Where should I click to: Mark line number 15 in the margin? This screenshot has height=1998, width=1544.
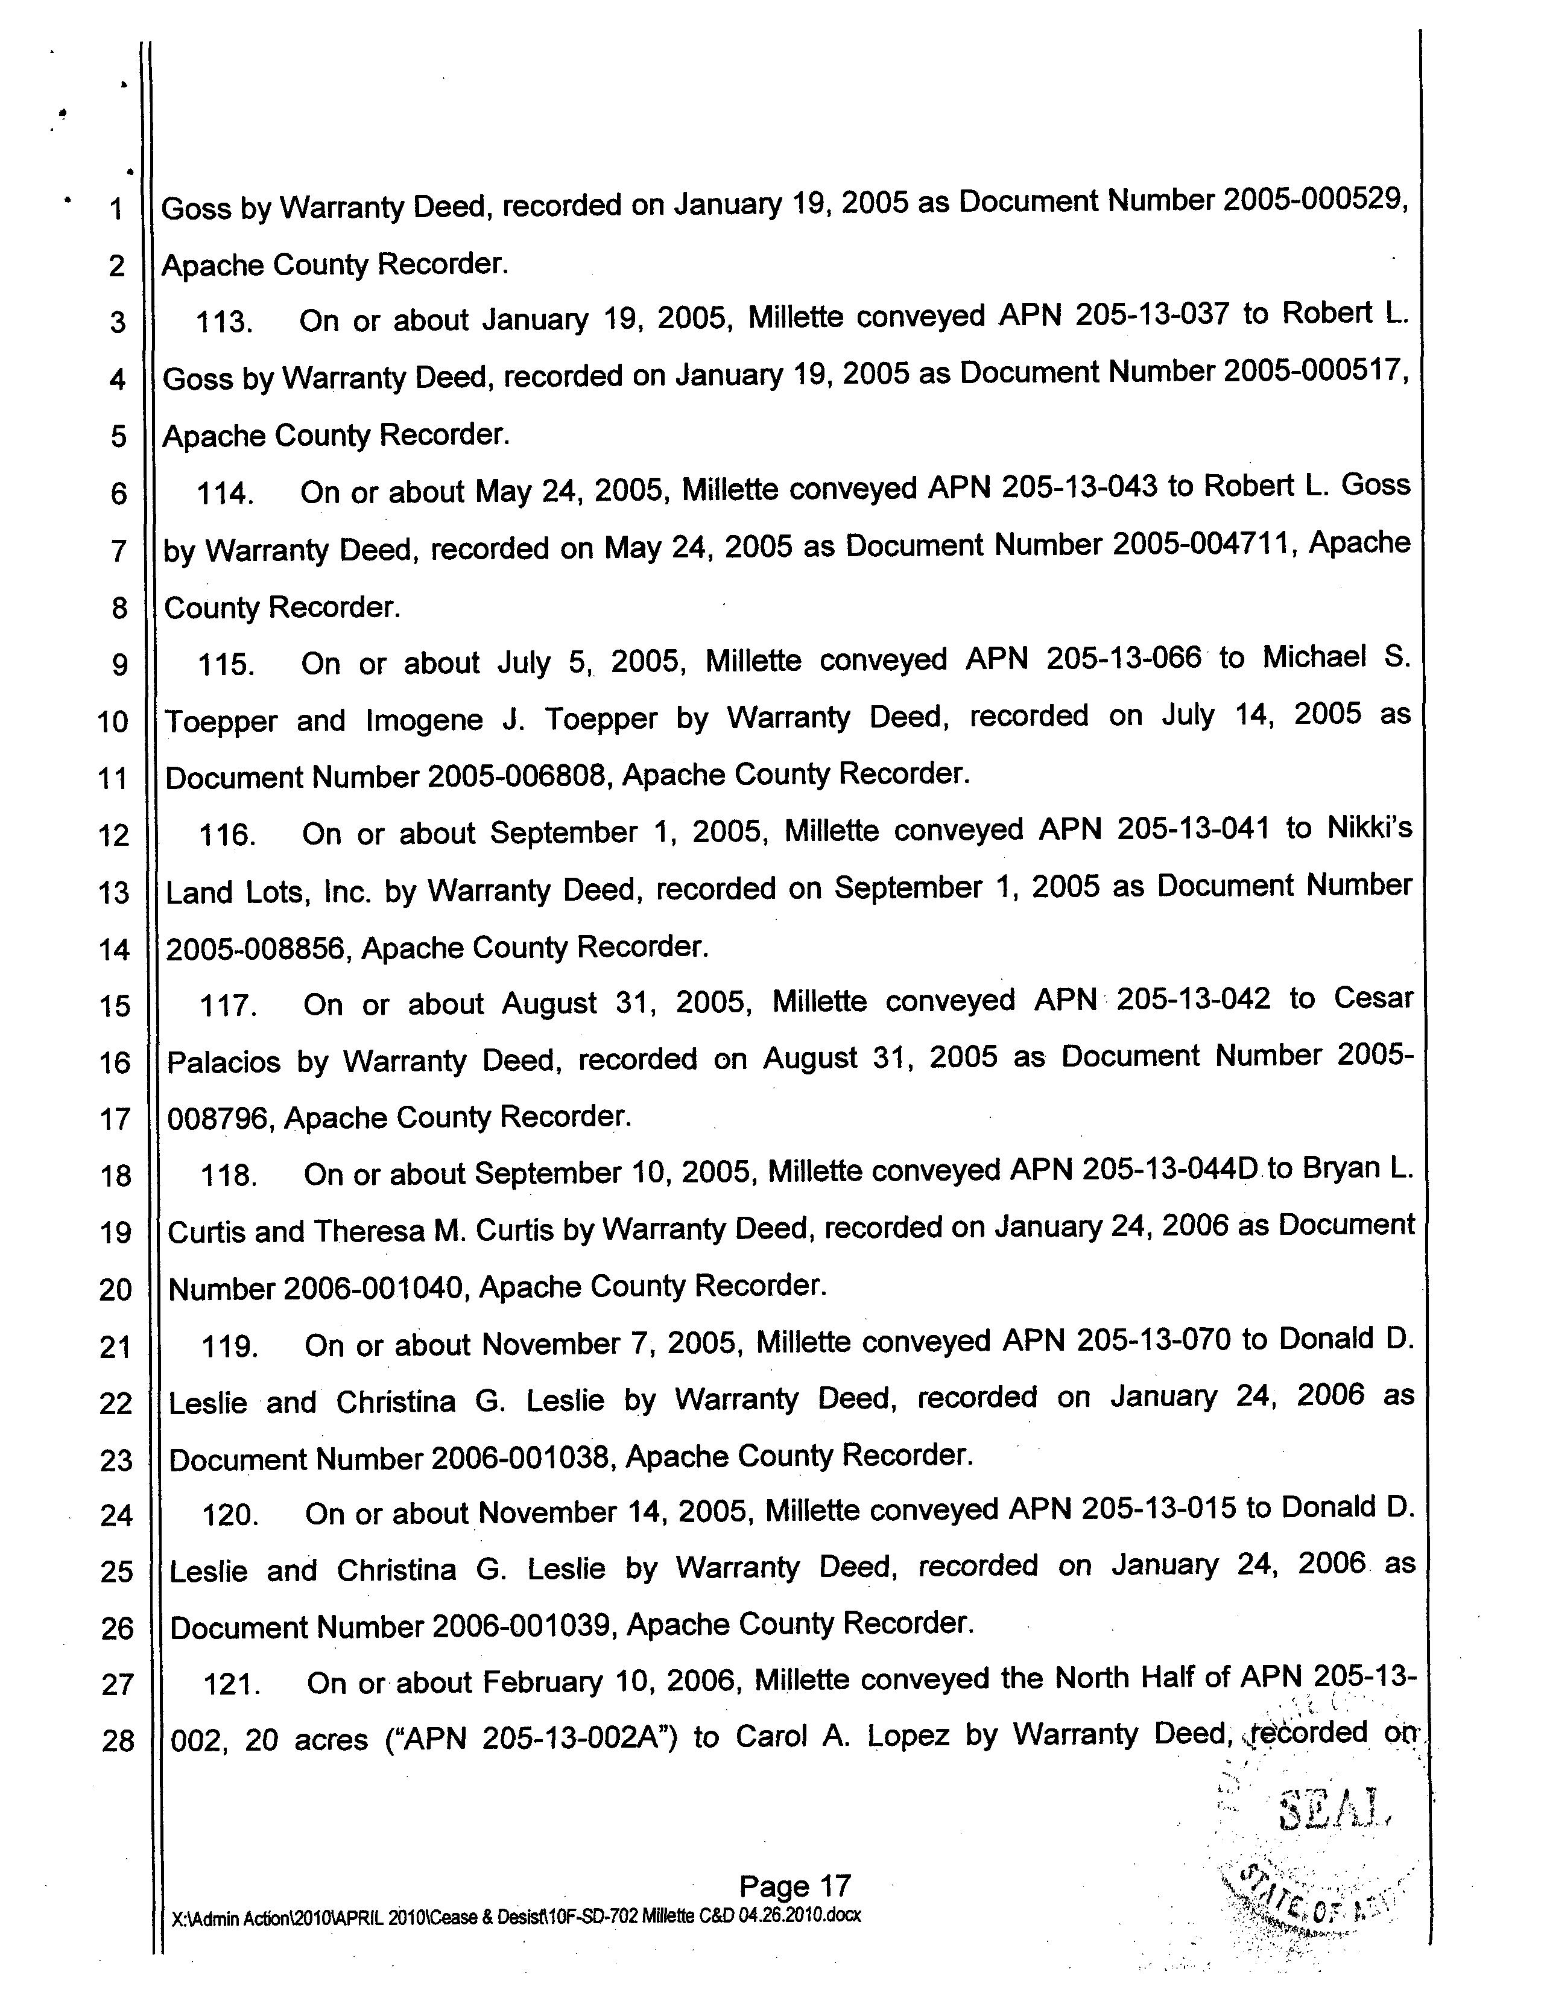click(x=115, y=1006)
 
